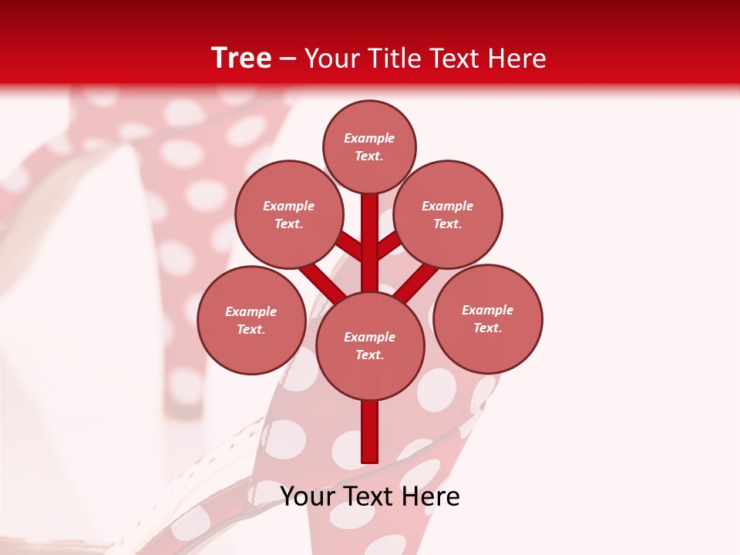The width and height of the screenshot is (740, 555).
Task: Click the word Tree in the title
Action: pyautogui.click(x=241, y=58)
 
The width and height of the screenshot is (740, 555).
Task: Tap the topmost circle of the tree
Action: pyautogui.click(x=369, y=146)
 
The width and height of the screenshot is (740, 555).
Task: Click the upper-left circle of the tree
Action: pyautogui.click(x=288, y=214)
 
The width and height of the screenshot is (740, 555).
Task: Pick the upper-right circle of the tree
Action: pyautogui.click(x=448, y=214)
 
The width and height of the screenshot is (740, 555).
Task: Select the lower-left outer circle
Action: pyautogui.click(x=251, y=320)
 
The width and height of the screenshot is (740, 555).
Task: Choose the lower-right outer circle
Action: pyautogui.click(x=487, y=318)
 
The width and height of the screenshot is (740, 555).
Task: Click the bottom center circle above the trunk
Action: pyautogui.click(x=370, y=345)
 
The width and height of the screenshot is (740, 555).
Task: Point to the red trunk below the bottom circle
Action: pyautogui.click(x=370, y=432)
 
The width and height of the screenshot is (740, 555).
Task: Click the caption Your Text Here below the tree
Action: pyautogui.click(x=370, y=496)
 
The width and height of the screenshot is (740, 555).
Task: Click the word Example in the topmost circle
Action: pyautogui.click(x=369, y=138)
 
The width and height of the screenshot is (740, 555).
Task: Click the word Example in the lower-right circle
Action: pyautogui.click(x=487, y=310)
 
